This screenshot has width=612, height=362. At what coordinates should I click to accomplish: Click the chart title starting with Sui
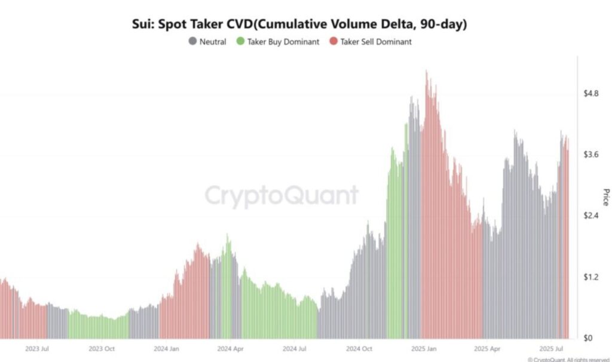click(x=299, y=24)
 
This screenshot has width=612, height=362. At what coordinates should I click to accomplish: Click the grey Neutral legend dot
click(x=192, y=42)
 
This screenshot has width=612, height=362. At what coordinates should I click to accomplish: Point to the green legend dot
click(x=240, y=42)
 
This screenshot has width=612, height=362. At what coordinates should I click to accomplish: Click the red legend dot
click(x=334, y=42)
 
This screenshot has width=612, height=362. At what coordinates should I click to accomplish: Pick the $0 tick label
click(x=589, y=338)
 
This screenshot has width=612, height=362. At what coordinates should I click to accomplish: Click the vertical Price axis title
click(x=605, y=197)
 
